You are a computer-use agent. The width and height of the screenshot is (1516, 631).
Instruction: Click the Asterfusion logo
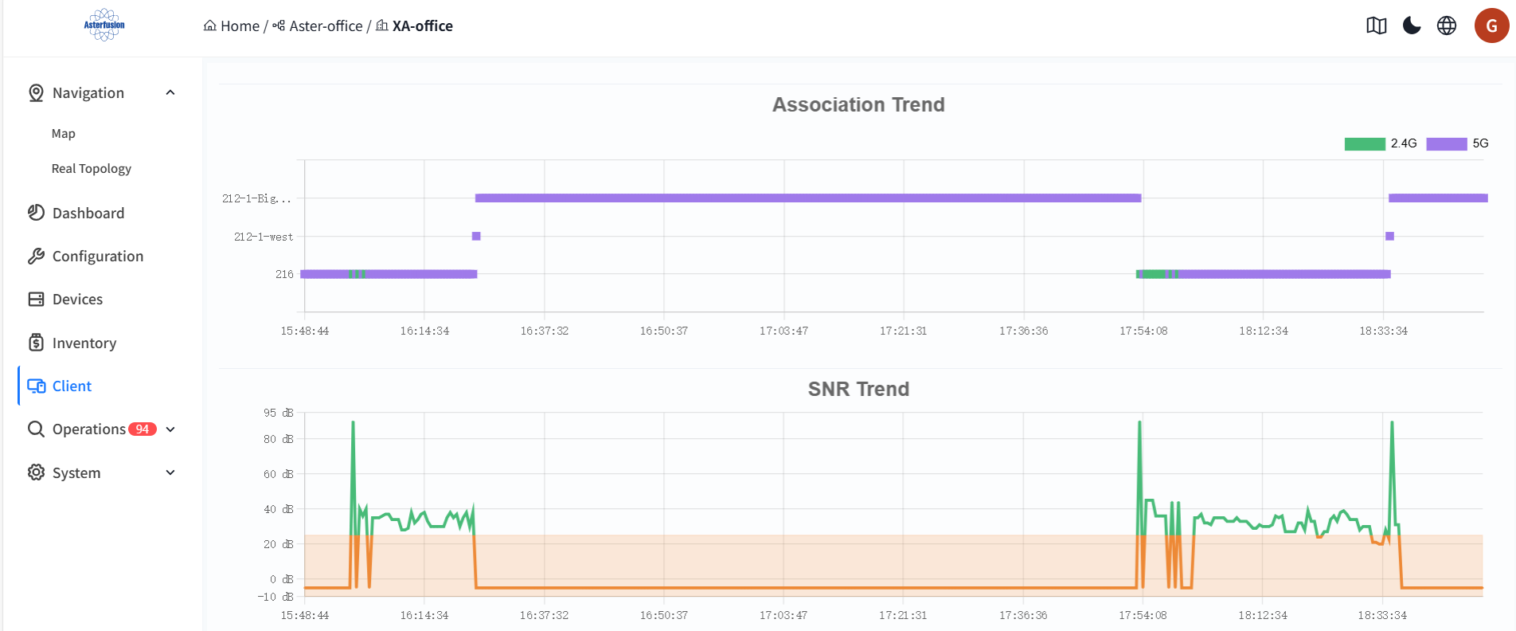104,25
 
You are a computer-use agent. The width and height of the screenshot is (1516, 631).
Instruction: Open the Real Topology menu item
92,169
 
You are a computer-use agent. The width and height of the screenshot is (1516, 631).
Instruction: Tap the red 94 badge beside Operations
143,429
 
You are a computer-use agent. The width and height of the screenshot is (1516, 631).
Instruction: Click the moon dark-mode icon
1412,25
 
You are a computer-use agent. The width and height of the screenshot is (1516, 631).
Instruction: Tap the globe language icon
1447,25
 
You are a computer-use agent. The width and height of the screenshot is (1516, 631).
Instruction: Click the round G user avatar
1492,25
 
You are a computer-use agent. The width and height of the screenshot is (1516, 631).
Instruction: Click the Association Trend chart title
858,104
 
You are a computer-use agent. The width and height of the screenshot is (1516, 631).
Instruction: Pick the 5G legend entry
1457,143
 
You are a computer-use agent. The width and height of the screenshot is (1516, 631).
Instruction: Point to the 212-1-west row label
264,237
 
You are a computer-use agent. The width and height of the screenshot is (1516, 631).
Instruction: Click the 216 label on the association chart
284,274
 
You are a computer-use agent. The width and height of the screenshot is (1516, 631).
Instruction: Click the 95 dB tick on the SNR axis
279,413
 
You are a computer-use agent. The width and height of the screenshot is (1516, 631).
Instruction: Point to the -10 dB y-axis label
275,597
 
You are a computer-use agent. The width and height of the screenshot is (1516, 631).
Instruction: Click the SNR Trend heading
858,389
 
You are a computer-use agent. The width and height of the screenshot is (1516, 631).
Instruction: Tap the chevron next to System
170,472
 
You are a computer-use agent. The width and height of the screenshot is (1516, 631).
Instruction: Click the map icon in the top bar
1377,25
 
